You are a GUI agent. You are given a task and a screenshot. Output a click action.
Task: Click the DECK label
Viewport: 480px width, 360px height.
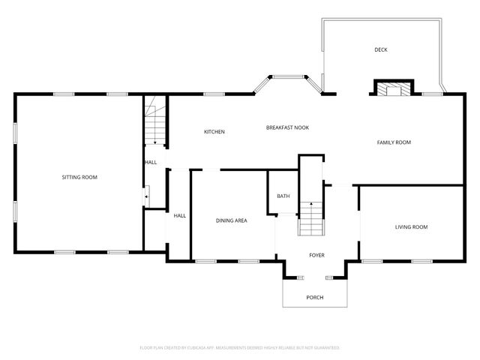click(x=381, y=50)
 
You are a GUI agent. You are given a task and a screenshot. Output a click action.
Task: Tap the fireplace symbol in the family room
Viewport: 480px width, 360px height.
click(x=393, y=89)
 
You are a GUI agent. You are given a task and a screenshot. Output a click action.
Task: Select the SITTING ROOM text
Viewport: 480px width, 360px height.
click(x=79, y=177)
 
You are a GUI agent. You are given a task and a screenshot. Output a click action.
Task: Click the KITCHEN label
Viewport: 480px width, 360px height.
click(x=214, y=132)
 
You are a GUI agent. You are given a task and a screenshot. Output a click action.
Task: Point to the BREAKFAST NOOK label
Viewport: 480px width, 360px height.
click(x=287, y=127)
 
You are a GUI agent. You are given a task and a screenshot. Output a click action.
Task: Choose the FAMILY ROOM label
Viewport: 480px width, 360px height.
click(x=394, y=142)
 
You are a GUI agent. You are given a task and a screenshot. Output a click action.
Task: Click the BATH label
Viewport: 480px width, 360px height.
click(x=283, y=196)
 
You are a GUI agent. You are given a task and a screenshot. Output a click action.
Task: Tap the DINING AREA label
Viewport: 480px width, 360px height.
click(x=232, y=220)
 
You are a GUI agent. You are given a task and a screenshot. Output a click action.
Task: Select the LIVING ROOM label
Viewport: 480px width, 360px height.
click(x=411, y=226)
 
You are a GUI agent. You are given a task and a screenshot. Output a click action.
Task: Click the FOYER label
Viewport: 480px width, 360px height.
click(x=317, y=255)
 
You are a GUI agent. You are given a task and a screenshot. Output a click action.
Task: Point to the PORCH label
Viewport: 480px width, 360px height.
click(x=315, y=298)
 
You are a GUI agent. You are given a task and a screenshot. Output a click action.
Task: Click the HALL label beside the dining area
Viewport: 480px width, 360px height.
click(x=180, y=215)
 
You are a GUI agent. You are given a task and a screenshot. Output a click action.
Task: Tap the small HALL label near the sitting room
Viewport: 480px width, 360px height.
click(x=151, y=162)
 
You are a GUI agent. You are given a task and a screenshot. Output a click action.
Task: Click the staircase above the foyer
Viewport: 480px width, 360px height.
click(x=310, y=217)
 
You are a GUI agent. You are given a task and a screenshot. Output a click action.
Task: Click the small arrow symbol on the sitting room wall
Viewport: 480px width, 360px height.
click(x=147, y=197)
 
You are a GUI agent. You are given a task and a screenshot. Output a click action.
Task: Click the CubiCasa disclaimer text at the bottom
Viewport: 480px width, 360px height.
click(x=240, y=347)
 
